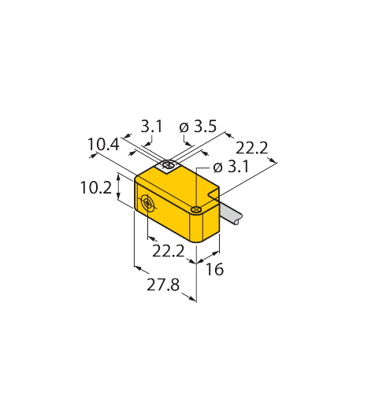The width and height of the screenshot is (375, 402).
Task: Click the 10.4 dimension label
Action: click(x=103, y=144)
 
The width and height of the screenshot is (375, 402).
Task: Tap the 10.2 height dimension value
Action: click(x=96, y=188)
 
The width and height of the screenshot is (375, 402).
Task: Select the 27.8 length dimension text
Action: click(x=163, y=285)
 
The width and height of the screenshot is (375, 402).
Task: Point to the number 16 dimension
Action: click(x=214, y=269)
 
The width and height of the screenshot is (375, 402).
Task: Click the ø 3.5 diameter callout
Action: click(x=198, y=127)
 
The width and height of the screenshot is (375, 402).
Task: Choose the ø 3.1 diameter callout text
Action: click(x=231, y=167)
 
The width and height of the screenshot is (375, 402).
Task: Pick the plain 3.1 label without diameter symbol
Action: click(x=151, y=127)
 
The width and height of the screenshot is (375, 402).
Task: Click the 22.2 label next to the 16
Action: click(x=169, y=251)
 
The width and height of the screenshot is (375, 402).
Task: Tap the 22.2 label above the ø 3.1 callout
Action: click(x=252, y=148)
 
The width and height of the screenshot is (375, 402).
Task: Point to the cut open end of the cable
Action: click(x=238, y=220)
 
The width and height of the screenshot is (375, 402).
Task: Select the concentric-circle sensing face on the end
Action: click(x=147, y=203)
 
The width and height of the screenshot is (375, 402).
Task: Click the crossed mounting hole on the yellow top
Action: click(x=196, y=209)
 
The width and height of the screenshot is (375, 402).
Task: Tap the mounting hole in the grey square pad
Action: click(x=168, y=165)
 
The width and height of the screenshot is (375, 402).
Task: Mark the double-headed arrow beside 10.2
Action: click(x=118, y=186)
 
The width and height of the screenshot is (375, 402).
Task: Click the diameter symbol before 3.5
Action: click(x=184, y=127)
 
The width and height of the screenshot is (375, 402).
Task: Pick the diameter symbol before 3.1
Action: click(x=218, y=168)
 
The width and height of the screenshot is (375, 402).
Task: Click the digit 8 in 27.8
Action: click(x=175, y=285)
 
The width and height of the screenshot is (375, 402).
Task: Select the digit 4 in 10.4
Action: click(x=114, y=144)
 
